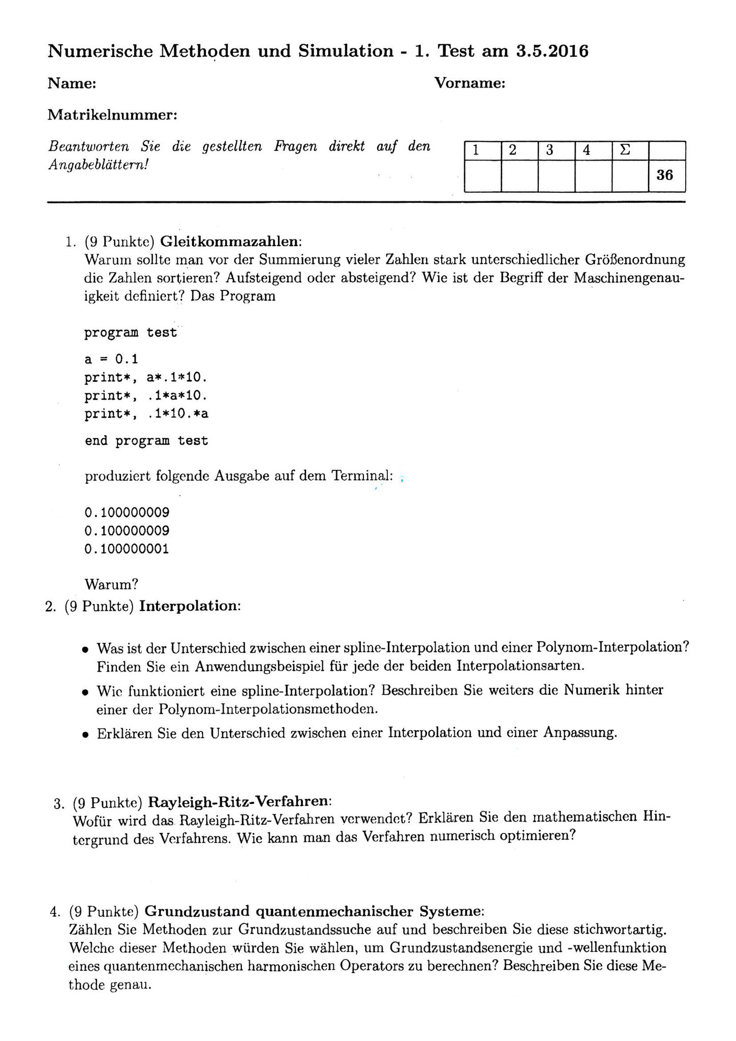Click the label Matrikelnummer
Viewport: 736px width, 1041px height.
pos(112,115)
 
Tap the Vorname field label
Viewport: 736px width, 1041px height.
pos(470,83)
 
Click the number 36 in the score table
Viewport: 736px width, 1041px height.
pos(664,175)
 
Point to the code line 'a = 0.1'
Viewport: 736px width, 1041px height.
pos(111,360)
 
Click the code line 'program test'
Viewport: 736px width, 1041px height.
pos(131,333)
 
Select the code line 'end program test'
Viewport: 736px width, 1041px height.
pos(146,440)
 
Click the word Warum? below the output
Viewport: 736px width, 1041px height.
pos(112,584)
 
